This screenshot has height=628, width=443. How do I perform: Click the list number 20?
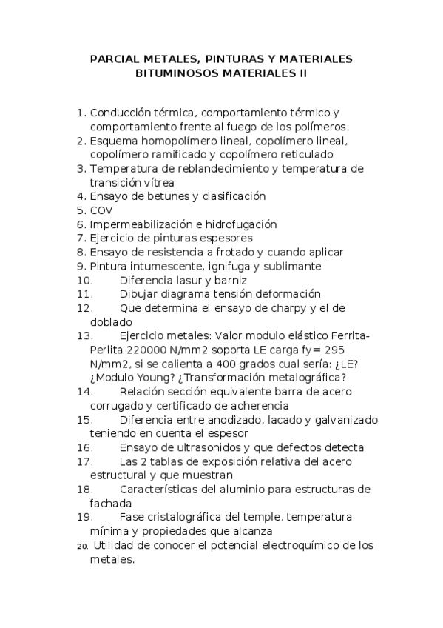[82, 547]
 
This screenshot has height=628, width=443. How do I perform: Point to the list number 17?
[84, 461]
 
